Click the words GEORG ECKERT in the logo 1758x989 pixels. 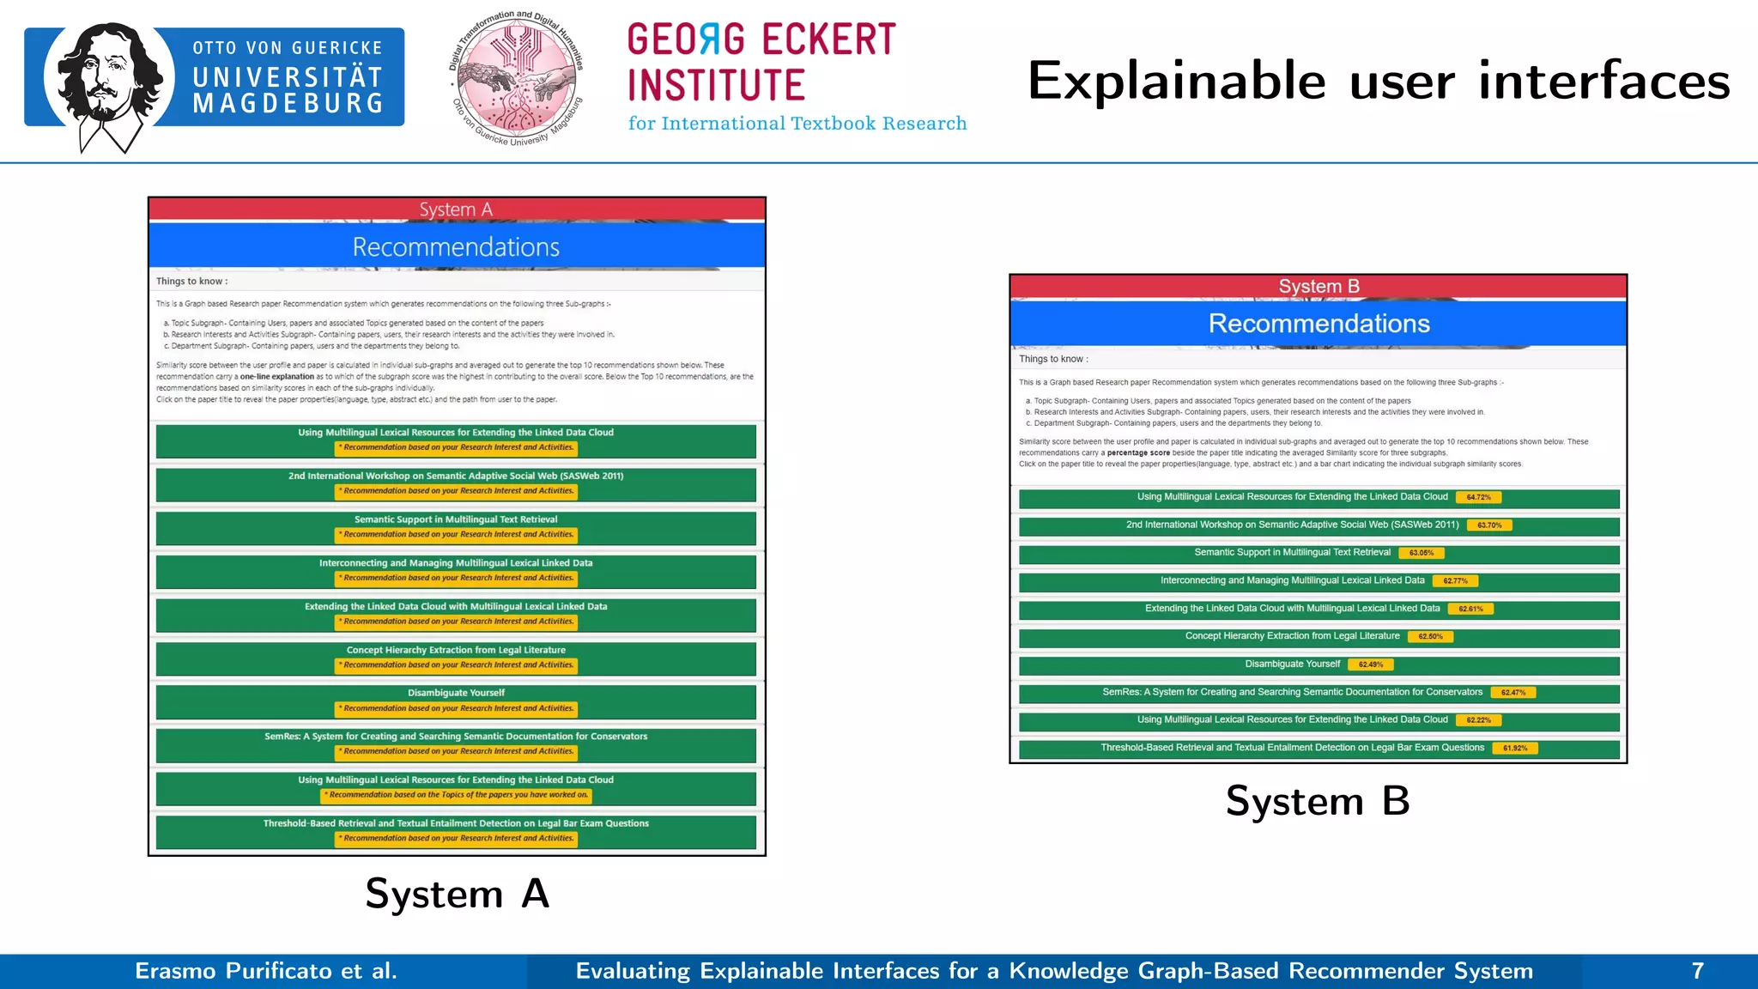(761, 39)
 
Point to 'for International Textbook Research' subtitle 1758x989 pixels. (797, 124)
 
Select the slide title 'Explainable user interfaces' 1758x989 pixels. (1378, 82)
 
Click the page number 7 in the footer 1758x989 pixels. (1697, 971)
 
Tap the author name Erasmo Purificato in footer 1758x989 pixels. (266, 971)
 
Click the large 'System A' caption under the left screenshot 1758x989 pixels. (457, 894)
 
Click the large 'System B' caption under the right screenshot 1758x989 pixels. (1318, 801)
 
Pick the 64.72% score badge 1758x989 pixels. (1478, 497)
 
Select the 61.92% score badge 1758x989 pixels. (1514, 749)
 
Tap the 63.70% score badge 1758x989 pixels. (1489, 525)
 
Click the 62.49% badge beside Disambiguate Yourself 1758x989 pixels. (1371, 664)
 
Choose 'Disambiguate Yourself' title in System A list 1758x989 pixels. (456, 693)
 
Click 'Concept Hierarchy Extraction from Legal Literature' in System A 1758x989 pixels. (456, 650)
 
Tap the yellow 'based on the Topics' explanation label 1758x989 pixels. (457, 795)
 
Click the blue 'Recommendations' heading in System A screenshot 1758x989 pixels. (456, 247)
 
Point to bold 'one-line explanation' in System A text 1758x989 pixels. (276, 377)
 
